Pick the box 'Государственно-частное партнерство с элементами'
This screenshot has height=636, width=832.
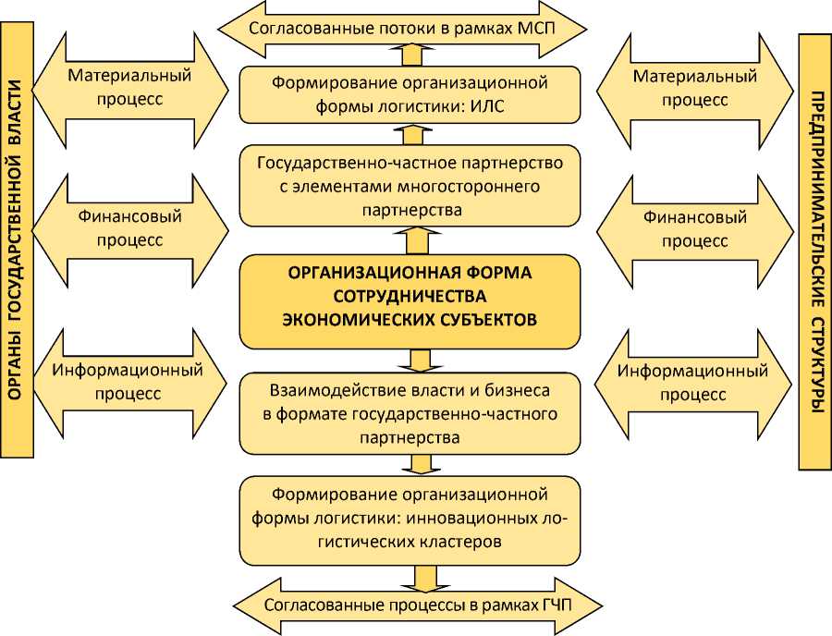(410, 187)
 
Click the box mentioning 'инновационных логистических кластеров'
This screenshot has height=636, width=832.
(410, 518)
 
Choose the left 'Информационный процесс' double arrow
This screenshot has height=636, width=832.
(129, 381)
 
